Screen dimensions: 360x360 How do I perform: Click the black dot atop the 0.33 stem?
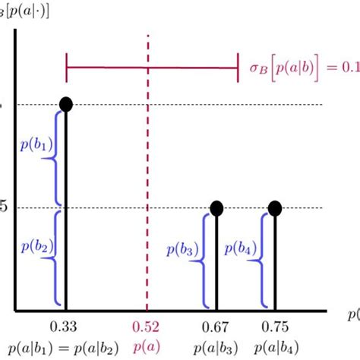pyautogui.click(x=66, y=105)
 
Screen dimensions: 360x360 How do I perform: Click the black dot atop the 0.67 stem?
pyautogui.click(x=216, y=208)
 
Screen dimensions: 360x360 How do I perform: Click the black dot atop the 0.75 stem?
pyautogui.click(x=275, y=208)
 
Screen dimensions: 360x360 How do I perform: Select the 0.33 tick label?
pyautogui.click(x=66, y=327)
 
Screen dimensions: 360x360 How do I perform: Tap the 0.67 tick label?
pyautogui.click(x=216, y=327)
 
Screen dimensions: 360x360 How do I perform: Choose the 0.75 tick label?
pyautogui.click(x=275, y=327)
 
